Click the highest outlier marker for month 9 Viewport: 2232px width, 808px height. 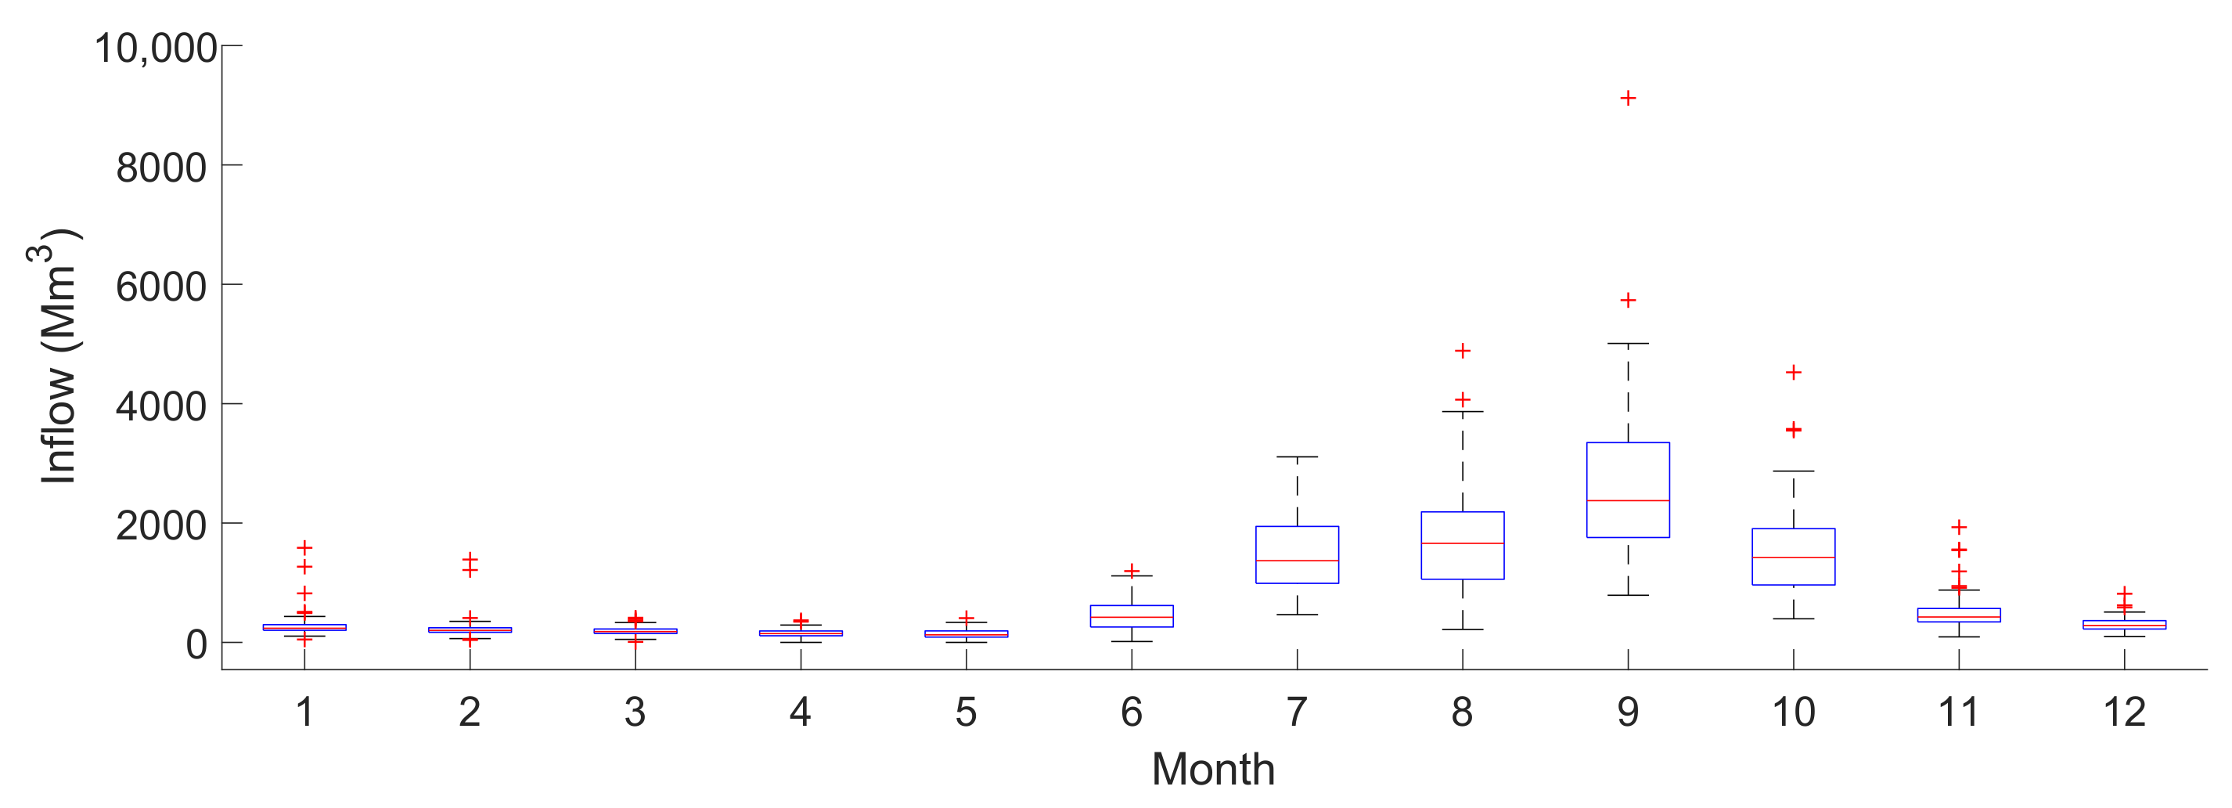click(1628, 98)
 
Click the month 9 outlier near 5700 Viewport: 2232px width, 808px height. click(1628, 300)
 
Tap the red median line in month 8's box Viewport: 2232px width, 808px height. click(1463, 543)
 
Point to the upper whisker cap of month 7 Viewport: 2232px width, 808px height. click(1297, 457)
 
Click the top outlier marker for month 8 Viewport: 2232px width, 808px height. click(1463, 351)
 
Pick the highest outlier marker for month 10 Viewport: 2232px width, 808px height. click(1794, 372)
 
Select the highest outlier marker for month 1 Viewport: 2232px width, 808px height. click(304, 547)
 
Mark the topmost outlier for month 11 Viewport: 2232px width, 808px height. click(1959, 527)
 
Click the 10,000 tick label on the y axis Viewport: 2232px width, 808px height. click(156, 48)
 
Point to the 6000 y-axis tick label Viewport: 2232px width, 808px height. click(161, 287)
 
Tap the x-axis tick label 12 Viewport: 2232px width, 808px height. click(2124, 712)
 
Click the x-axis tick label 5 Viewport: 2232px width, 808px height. click(966, 712)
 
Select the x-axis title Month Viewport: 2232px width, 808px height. click(1213, 769)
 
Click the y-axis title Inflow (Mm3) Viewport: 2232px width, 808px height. click(57, 355)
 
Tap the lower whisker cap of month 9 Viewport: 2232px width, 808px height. click(1628, 596)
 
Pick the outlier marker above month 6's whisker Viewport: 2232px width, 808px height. click(1132, 571)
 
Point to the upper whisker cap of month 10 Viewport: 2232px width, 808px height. click(1794, 471)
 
